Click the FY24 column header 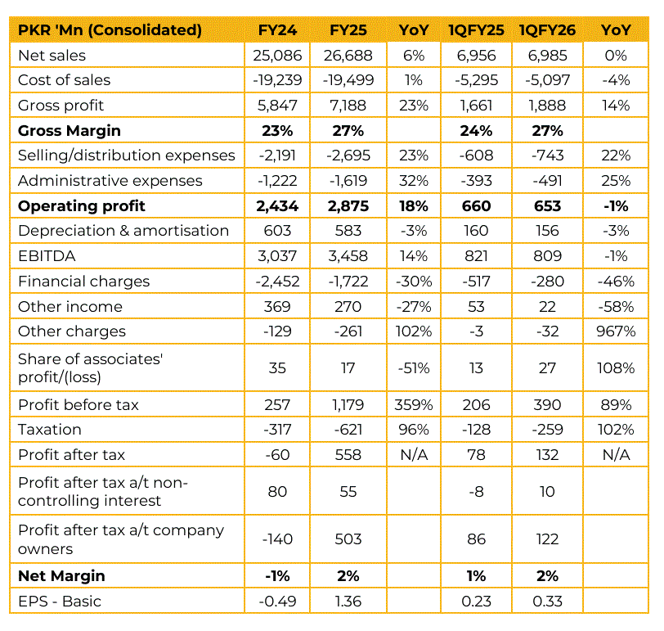[x=278, y=30]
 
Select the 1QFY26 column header [x=547, y=30]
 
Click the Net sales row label [x=52, y=56]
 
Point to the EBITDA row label [x=47, y=256]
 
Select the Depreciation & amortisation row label [x=123, y=231]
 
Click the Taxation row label [x=50, y=430]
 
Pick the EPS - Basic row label [x=60, y=602]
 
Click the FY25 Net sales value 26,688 [x=348, y=56]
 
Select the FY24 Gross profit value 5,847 [x=278, y=106]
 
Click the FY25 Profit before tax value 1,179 [x=348, y=405]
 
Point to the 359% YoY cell [x=414, y=405]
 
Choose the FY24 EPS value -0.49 [x=278, y=602]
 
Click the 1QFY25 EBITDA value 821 [x=476, y=256]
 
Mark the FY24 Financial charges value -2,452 [x=278, y=282]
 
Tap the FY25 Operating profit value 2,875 [x=348, y=206]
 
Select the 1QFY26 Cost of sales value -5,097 [x=547, y=80]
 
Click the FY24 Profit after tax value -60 [x=278, y=455]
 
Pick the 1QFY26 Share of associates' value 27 [x=547, y=368]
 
